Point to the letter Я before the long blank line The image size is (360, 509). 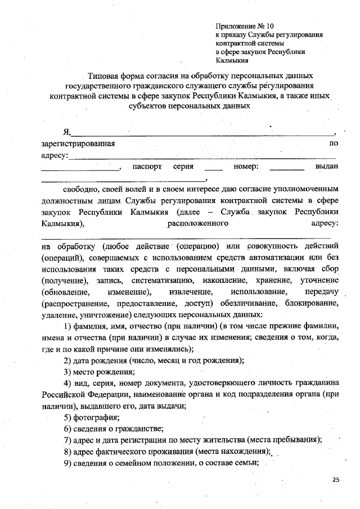66,133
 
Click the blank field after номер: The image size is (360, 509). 287,168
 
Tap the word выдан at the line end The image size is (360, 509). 327,166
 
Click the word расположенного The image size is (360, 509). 197,224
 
